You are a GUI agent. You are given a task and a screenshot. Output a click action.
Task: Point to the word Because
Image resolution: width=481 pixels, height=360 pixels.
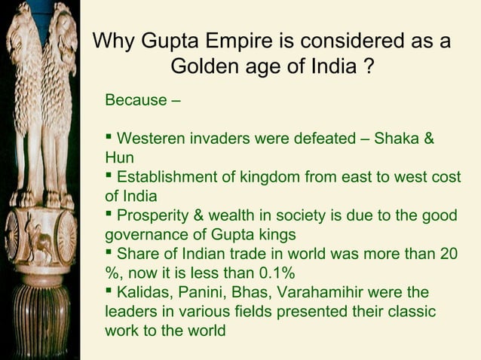coord(136,100)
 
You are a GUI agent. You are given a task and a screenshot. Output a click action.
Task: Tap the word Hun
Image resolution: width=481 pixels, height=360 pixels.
coord(119,158)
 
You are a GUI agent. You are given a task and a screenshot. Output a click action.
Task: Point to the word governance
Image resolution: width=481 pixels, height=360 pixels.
coord(143,234)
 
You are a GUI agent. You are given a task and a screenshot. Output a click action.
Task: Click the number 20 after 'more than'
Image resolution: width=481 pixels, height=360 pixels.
coord(448,254)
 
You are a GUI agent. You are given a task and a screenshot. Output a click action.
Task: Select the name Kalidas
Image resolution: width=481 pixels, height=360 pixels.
coord(143,291)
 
